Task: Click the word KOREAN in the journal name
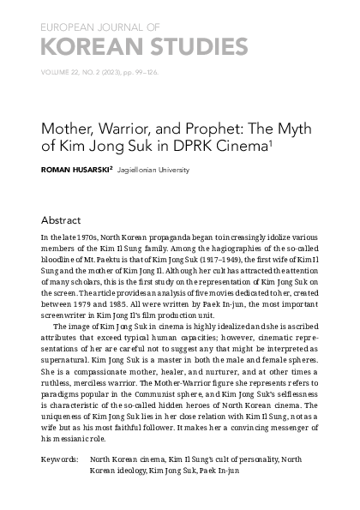coord(82,45)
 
